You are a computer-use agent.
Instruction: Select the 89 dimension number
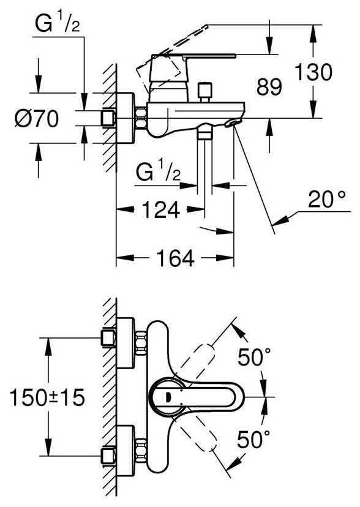click(x=269, y=86)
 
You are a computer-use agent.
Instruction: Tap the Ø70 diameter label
click(x=36, y=118)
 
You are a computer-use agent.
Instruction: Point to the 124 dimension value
click(x=160, y=209)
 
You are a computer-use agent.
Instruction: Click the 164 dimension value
click(x=175, y=257)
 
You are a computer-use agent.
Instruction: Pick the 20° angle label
click(x=326, y=199)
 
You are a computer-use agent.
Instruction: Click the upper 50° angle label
click(x=254, y=358)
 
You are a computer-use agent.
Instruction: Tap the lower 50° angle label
click(x=253, y=439)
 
